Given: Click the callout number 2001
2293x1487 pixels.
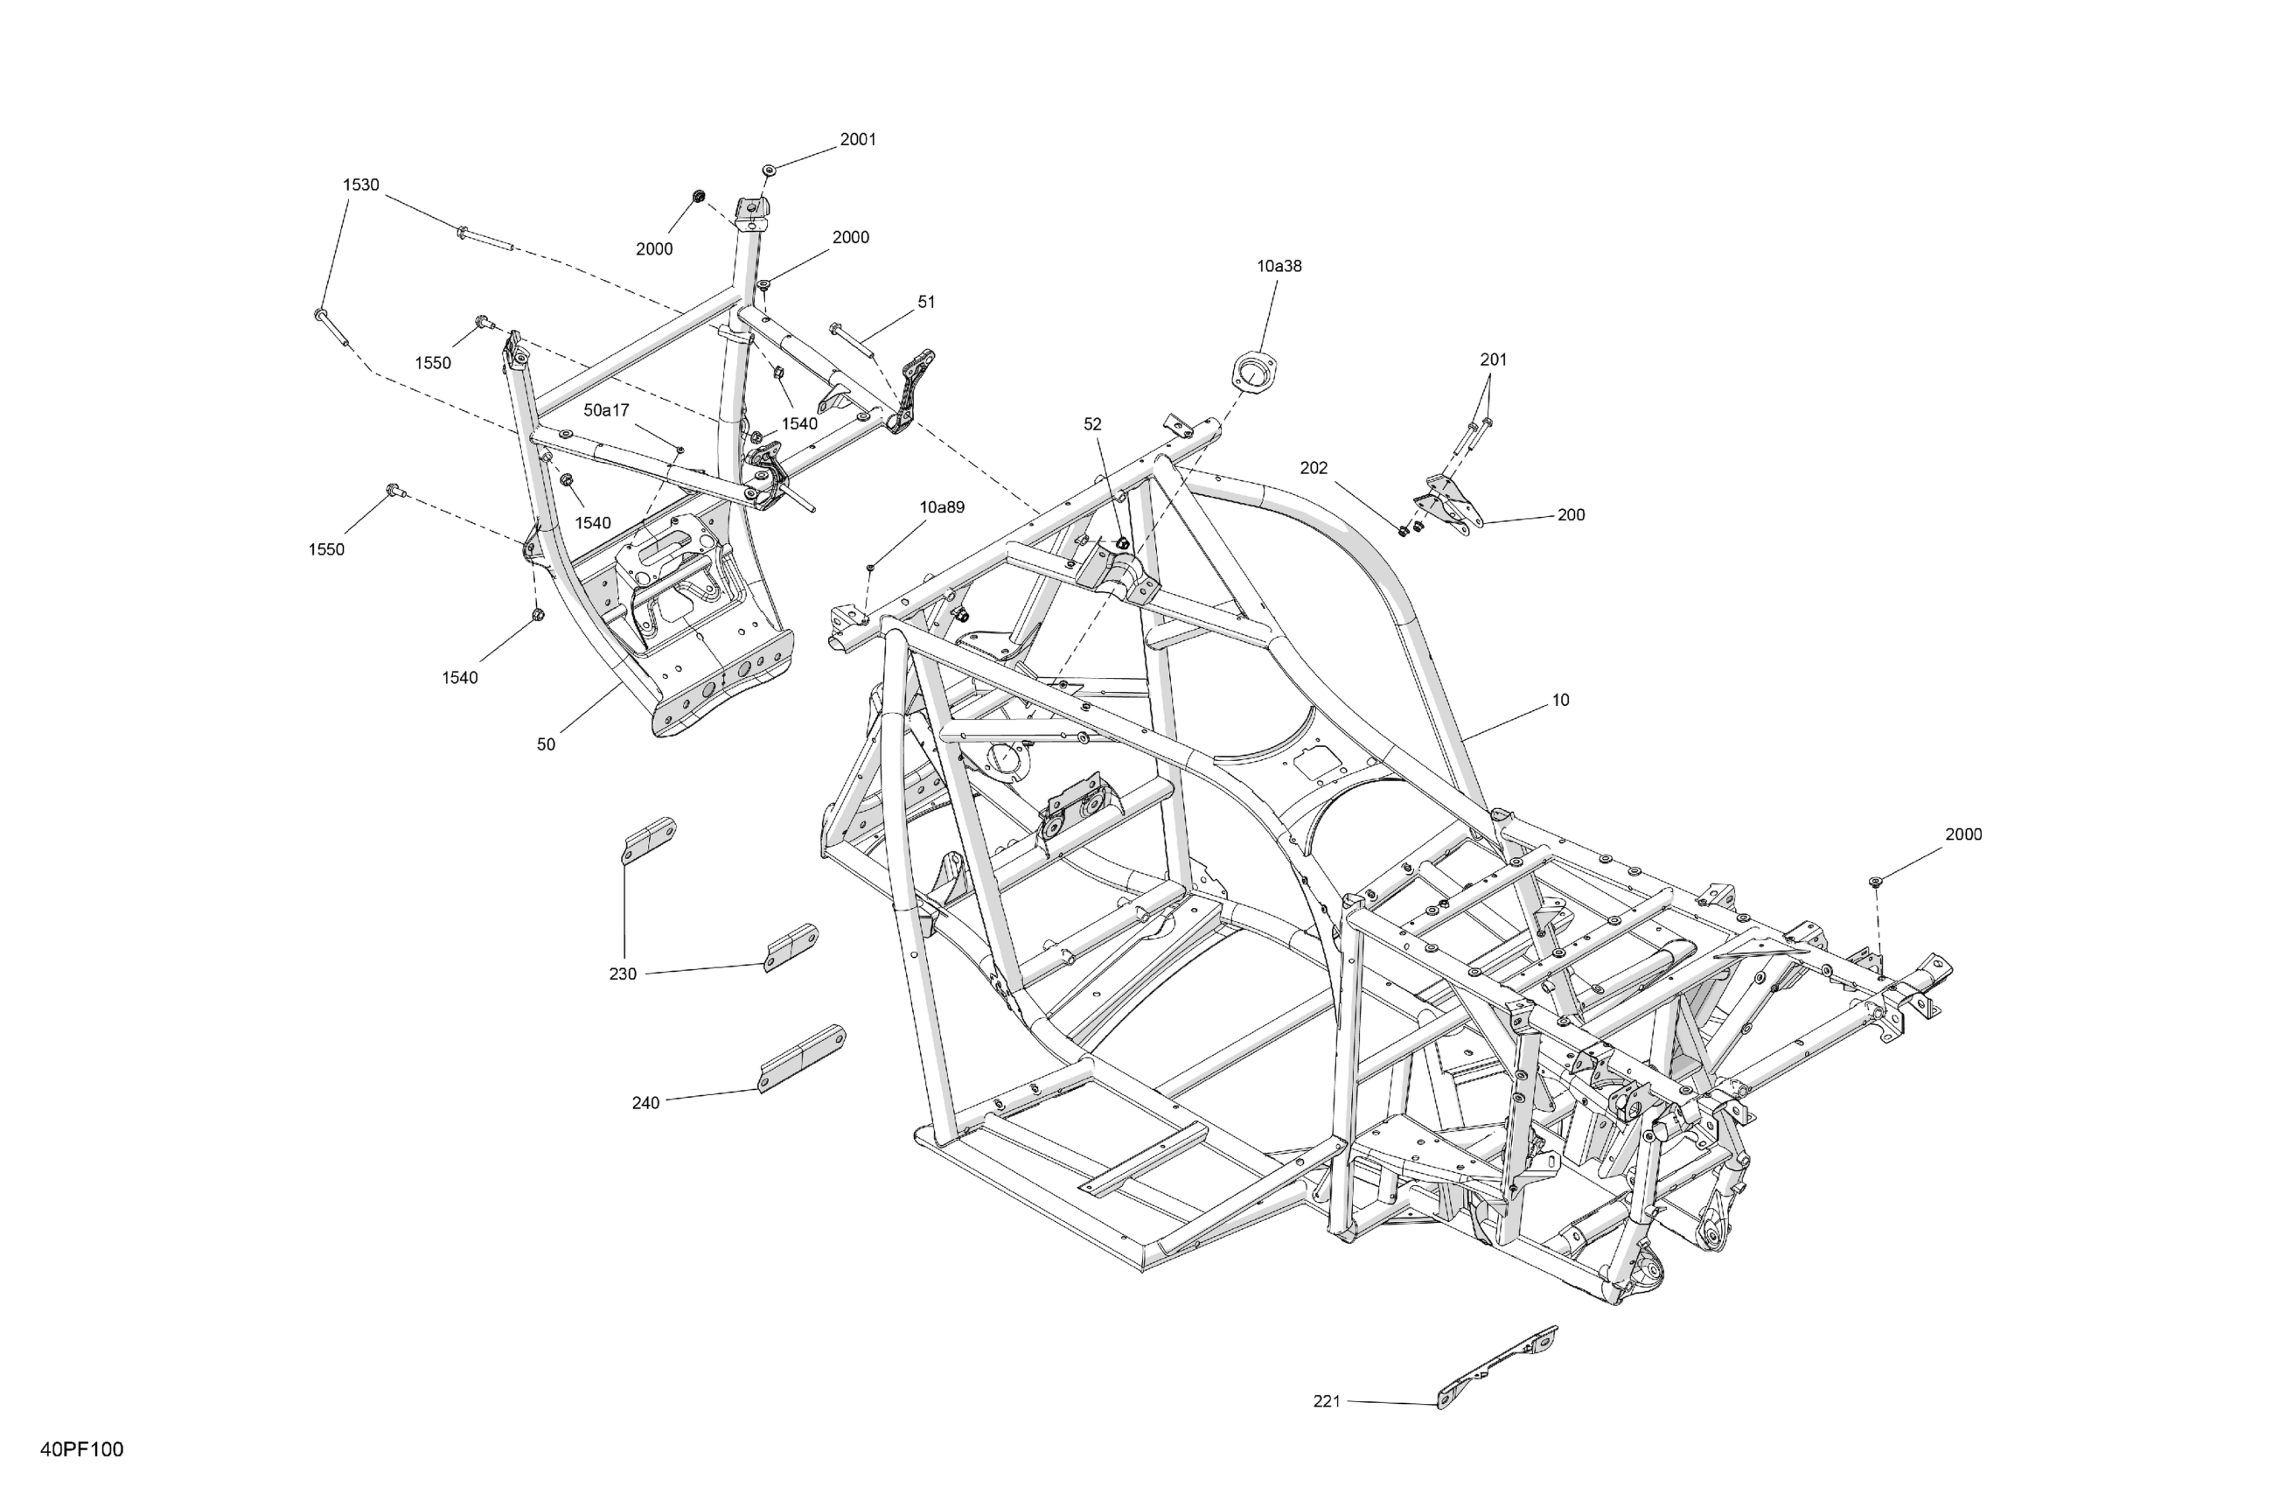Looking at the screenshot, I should pyautogui.click(x=857, y=140).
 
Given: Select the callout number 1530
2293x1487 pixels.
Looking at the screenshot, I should pyautogui.click(x=361, y=185).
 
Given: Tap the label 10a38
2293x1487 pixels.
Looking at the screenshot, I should pyautogui.click(x=1279, y=266).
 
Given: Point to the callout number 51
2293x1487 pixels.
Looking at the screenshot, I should pyautogui.click(x=926, y=303).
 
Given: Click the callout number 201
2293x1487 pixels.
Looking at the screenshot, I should pyautogui.click(x=1494, y=360).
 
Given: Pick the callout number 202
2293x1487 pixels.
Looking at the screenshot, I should pyautogui.click(x=1314, y=468).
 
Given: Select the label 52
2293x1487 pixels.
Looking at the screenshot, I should pyautogui.click(x=1092, y=425).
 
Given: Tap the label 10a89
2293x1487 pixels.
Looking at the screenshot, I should pyautogui.click(x=941, y=508).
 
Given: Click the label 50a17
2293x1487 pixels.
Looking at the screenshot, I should pyautogui.click(x=606, y=410).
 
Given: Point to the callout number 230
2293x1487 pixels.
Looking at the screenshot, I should pyautogui.click(x=623, y=974).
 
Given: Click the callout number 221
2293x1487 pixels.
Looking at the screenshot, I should pyautogui.click(x=1327, y=1401).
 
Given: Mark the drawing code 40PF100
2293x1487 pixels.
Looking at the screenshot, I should pyautogui.click(x=82, y=1450).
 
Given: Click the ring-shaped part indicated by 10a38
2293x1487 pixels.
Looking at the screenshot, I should pyautogui.click(x=1254, y=373).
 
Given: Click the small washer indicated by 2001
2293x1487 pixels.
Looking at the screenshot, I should pyautogui.click(x=769, y=170).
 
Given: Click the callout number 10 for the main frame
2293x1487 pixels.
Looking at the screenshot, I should pyautogui.click(x=1560, y=701).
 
